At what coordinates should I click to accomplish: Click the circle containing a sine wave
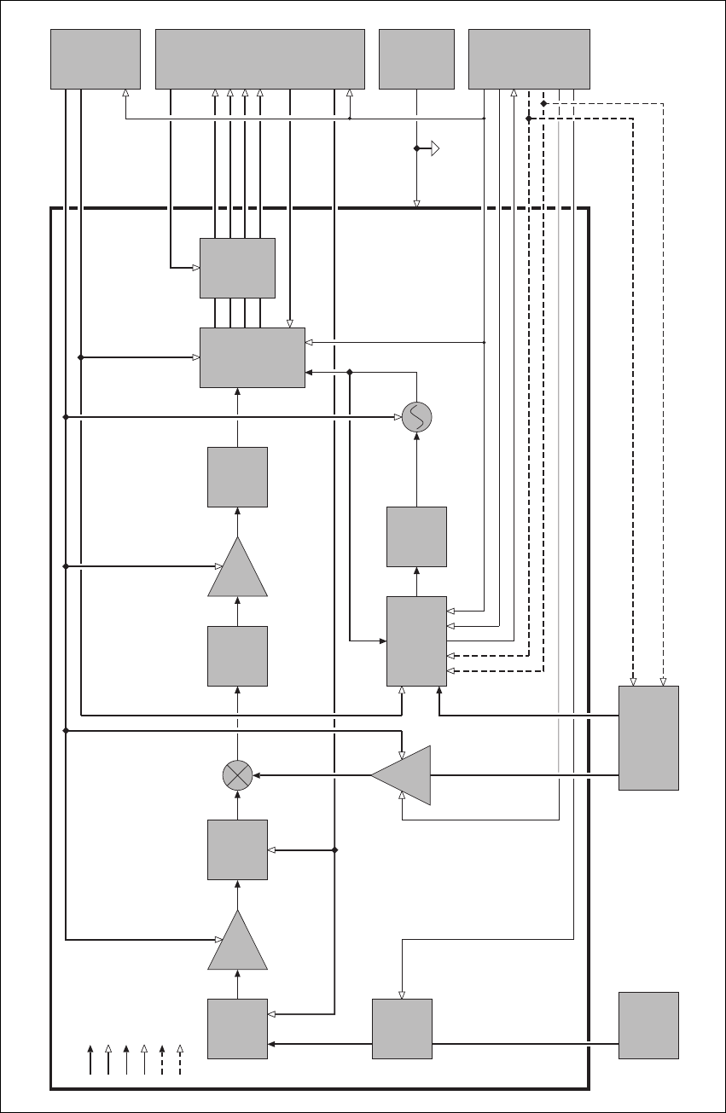pyautogui.click(x=417, y=417)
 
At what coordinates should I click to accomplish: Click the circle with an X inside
pyautogui.click(x=237, y=775)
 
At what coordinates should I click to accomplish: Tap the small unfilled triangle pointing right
pyautogui.click(x=434, y=149)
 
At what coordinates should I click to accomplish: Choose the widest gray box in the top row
pyautogui.click(x=260, y=59)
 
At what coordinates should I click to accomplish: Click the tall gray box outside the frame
pyautogui.click(x=648, y=738)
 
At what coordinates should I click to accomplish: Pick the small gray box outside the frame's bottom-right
pyautogui.click(x=648, y=1025)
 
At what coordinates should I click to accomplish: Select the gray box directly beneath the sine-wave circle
pyautogui.click(x=416, y=536)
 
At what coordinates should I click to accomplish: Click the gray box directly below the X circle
pyautogui.click(x=237, y=849)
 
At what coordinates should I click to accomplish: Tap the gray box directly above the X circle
pyautogui.click(x=237, y=656)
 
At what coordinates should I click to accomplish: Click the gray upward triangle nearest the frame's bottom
pyautogui.click(x=237, y=942)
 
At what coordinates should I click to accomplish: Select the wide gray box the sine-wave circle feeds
pyautogui.click(x=253, y=357)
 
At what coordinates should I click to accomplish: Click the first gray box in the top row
pyautogui.click(x=96, y=59)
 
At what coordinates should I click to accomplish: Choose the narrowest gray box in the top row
pyautogui.click(x=416, y=59)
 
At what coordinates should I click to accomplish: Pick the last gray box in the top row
pyautogui.click(x=529, y=59)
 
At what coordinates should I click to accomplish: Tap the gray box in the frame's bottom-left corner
pyautogui.click(x=237, y=1029)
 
